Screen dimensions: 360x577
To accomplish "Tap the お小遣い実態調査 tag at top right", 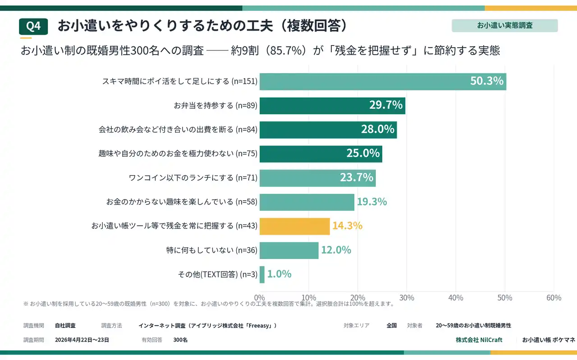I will [504, 26].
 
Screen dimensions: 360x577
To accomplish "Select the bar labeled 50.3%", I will [382, 82].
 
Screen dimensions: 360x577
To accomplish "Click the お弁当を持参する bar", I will [332, 106].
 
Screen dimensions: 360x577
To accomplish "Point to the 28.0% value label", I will [378, 130].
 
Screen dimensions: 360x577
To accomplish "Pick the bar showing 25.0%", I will [321, 154].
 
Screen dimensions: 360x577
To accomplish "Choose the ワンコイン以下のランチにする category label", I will [193, 178].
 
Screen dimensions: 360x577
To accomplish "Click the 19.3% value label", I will [372, 202].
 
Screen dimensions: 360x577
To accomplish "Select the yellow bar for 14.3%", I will [295, 226].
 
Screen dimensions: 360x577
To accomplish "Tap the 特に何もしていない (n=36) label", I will [212, 250].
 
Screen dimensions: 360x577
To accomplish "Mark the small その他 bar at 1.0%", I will [262, 274].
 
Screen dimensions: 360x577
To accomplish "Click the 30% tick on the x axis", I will [407, 298].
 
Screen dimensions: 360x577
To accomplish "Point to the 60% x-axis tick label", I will [554, 298].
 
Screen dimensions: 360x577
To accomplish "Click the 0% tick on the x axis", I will [260, 298].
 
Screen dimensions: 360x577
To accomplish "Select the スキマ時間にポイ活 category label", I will [180, 82].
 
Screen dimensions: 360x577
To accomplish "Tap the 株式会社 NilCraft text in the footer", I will [479, 340].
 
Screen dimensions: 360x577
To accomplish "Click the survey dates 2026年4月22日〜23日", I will [82, 340].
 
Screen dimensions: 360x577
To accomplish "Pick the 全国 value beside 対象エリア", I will [391, 325].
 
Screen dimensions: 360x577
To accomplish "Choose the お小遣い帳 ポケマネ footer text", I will [548, 340].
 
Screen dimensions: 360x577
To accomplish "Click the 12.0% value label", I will [336, 250].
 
